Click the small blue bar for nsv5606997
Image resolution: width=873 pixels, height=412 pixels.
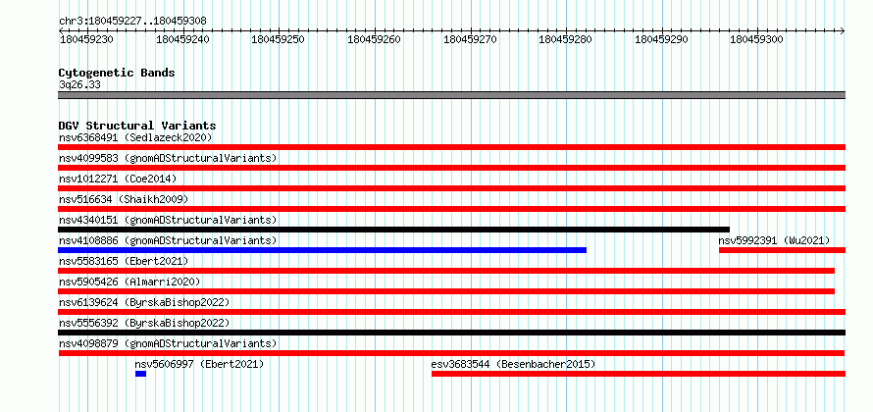[140, 374]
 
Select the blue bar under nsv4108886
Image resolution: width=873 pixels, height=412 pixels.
[323, 250]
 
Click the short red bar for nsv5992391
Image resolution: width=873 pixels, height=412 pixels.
[782, 250]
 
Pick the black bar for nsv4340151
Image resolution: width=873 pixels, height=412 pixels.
[393, 230]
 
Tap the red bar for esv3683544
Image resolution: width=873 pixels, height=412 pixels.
[639, 374]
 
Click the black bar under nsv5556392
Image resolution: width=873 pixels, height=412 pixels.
[452, 333]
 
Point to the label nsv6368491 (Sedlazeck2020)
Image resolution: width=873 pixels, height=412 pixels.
[135, 137]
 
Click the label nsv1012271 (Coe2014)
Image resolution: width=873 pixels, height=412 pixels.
[118, 179]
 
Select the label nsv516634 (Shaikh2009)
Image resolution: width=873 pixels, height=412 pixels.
[124, 199]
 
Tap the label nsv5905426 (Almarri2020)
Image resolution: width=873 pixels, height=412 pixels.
[129, 282]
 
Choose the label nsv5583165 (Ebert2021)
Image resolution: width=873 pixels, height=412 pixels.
[124, 261]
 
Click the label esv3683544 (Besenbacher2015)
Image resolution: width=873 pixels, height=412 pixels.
[513, 364]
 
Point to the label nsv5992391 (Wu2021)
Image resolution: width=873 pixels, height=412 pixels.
[774, 240]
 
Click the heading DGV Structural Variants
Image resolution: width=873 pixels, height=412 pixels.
[137, 126]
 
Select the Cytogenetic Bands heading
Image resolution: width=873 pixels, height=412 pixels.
[117, 73]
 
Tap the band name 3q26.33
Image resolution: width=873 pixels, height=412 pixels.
[79, 85]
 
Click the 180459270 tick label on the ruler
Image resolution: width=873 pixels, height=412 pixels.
[471, 39]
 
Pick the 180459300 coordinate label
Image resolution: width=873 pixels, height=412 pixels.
[756, 39]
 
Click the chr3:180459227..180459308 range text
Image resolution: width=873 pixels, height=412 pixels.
[132, 21]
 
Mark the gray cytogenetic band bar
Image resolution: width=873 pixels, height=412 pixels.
[452, 95]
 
